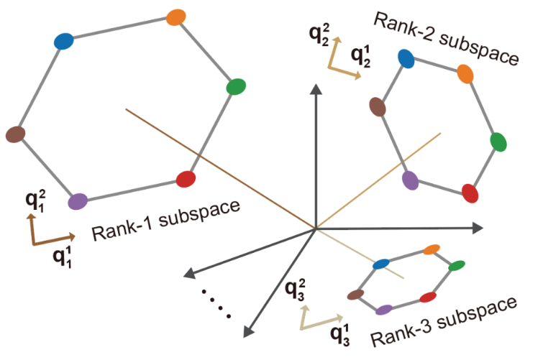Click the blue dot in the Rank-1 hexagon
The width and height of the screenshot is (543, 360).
click(64, 41)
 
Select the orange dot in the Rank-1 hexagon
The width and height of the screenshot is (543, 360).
click(175, 17)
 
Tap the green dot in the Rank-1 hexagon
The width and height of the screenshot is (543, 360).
click(236, 87)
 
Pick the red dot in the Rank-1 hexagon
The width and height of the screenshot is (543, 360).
click(186, 178)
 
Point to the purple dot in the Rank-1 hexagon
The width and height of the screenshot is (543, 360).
click(78, 202)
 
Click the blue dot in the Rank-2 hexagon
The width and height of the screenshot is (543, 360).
click(406, 59)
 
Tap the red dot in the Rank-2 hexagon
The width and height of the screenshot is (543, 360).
click(470, 193)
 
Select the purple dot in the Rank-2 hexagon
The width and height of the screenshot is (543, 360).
click(411, 180)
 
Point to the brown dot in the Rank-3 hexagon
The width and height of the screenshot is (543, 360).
click(355, 294)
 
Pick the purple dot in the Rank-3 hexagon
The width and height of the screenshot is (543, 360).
click(385, 310)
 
